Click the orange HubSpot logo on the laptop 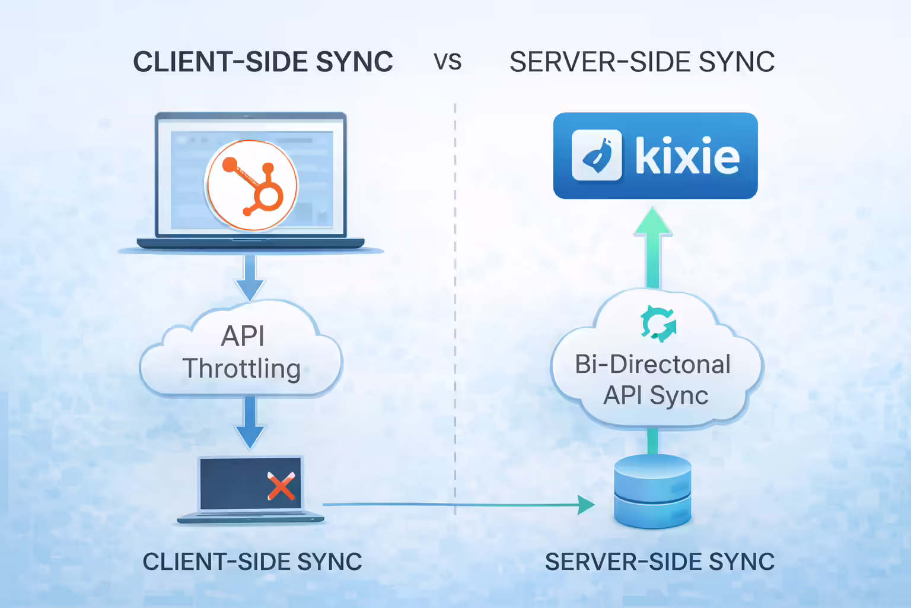point(251,185)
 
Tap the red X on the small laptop point(281,486)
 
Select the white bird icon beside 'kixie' point(597,156)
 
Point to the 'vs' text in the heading point(447,62)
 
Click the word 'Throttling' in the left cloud point(241,369)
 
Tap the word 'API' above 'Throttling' point(243,336)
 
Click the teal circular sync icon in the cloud point(658,324)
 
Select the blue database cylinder point(652,492)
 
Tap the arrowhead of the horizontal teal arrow point(586,505)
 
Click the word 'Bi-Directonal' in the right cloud point(652,365)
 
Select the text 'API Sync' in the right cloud point(655,395)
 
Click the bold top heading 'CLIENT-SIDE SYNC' point(263,62)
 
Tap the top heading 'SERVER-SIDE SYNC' point(642,62)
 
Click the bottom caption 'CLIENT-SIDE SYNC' point(252,562)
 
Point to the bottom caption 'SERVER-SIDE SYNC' point(660,562)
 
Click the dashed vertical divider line point(455,297)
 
